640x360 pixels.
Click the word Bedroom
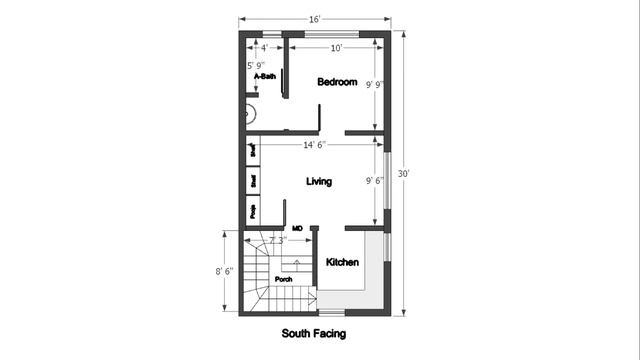(337, 82)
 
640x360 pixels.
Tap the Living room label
(319, 181)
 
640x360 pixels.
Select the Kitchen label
(342, 262)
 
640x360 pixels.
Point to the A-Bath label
(264, 76)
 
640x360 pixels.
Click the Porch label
(284, 279)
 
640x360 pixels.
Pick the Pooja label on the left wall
(253, 211)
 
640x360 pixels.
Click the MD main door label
(297, 228)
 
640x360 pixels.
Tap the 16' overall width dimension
(314, 19)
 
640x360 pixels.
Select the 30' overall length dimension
(404, 173)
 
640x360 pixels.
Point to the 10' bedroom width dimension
(337, 47)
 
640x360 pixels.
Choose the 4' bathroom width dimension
(264, 47)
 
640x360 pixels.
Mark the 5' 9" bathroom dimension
(257, 66)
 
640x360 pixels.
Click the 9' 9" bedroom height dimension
(374, 84)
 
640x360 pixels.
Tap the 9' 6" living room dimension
(375, 181)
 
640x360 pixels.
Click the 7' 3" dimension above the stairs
(278, 240)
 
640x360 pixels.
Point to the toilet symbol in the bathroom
(249, 113)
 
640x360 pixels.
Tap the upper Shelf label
(253, 151)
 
